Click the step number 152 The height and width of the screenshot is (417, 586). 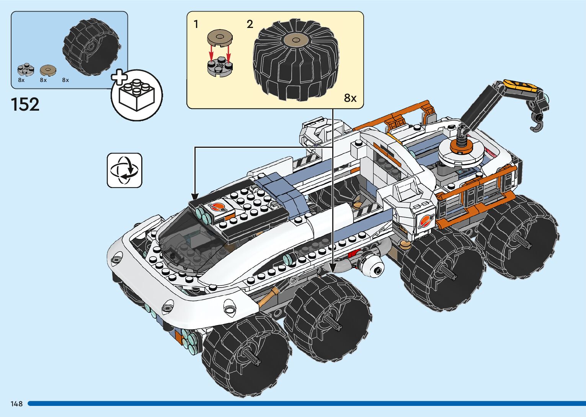pyautogui.click(x=25, y=105)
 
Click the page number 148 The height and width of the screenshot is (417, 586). pyautogui.click(x=16, y=404)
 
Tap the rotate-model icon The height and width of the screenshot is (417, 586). pyautogui.click(x=124, y=170)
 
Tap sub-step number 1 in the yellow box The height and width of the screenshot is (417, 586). pyautogui.click(x=196, y=25)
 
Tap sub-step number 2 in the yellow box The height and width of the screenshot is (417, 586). pyautogui.click(x=250, y=25)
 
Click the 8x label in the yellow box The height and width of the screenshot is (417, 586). pyautogui.click(x=350, y=98)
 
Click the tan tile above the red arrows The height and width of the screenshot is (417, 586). pyautogui.click(x=220, y=38)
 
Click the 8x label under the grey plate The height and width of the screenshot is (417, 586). pyautogui.click(x=21, y=80)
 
